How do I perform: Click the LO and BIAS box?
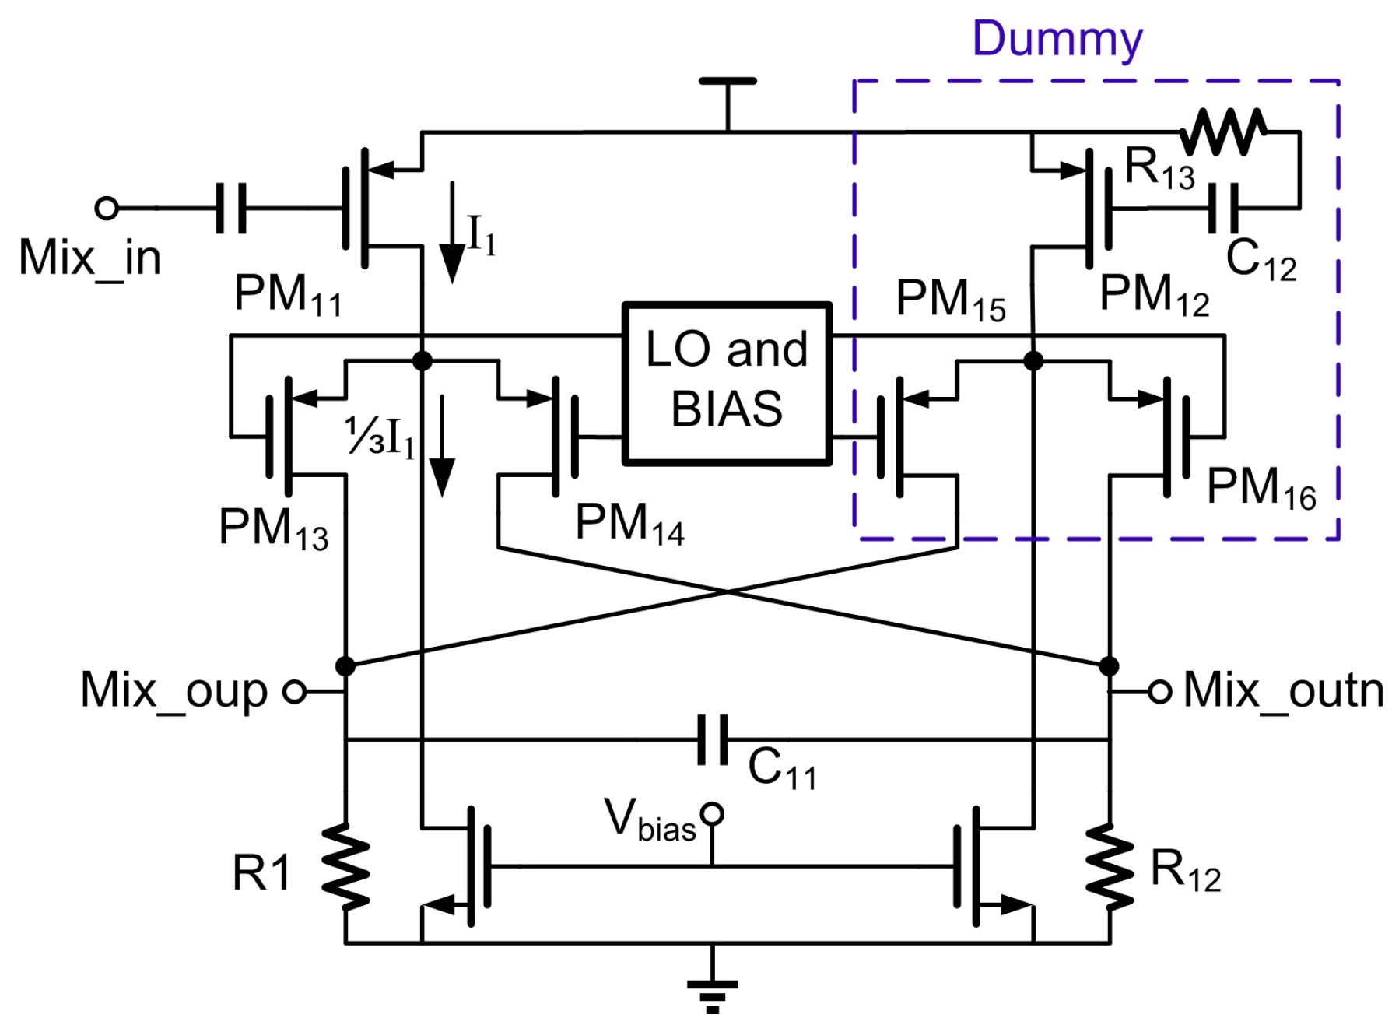pos(727,383)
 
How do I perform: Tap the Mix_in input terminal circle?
pos(107,209)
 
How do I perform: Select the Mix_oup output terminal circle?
pos(294,691)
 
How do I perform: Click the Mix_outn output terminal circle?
pos(1159,691)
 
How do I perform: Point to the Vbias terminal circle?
pos(711,814)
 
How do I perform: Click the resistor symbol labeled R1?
pos(345,866)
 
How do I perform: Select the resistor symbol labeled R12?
pos(1110,866)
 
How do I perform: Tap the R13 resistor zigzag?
pos(1222,132)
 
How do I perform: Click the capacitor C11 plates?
pos(713,739)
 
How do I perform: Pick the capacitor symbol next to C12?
pos(1222,209)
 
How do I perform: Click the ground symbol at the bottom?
pos(712,992)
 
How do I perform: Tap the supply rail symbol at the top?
pos(727,81)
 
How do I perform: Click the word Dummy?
pos(1057,39)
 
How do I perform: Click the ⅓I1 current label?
pos(380,437)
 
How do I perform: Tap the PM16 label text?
pos(1261,489)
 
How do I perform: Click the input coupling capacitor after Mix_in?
pos(230,209)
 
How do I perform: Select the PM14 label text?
pos(629,524)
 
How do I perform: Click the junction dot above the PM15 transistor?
pos(1033,361)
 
